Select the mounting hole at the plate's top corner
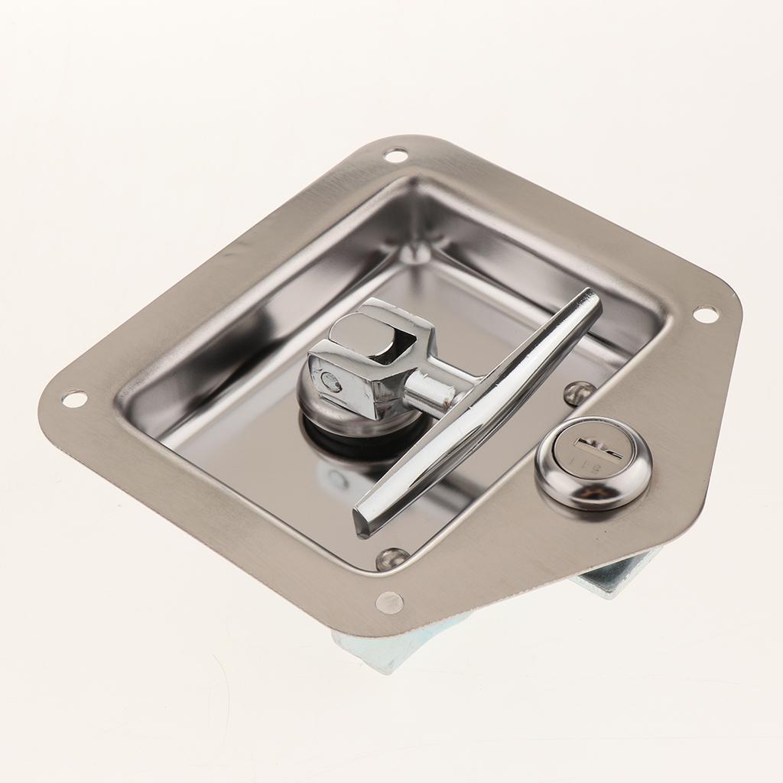pyautogui.click(x=396, y=155)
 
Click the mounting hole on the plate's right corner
pyautogui.click(x=705, y=314)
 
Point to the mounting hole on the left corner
pyautogui.click(x=74, y=398)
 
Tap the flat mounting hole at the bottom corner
pyautogui.click(x=389, y=602)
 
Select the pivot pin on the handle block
pyautogui.click(x=331, y=382)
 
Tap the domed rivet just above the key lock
pyautogui.click(x=579, y=392)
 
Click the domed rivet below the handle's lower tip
pyautogui.click(x=391, y=558)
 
